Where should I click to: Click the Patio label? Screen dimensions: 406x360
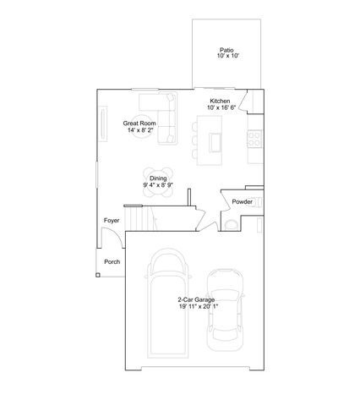(x=226, y=49)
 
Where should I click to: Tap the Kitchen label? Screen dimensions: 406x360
(x=221, y=101)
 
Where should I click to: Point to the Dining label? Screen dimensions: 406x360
(x=158, y=178)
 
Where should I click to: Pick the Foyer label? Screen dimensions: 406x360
(x=111, y=221)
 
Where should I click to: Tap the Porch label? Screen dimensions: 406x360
(x=112, y=262)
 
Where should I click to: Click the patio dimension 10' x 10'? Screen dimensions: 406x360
(x=226, y=56)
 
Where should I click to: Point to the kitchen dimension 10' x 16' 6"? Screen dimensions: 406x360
(x=221, y=107)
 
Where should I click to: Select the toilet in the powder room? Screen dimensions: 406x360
(x=232, y=223)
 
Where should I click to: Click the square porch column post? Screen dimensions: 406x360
(x=98, y=274)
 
